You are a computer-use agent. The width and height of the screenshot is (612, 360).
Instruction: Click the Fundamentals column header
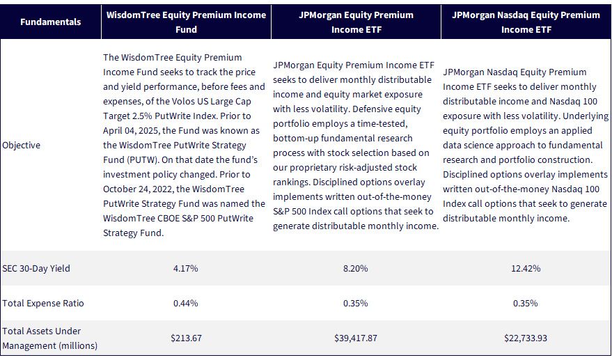point(50,22)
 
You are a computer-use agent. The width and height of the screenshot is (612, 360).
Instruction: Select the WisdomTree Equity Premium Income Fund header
point(186,22)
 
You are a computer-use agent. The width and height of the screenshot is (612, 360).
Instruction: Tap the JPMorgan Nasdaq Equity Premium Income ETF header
point(526,22)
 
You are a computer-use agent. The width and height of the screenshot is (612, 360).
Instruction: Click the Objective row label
point(21,146)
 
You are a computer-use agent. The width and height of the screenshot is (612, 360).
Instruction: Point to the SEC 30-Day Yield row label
point(36,269)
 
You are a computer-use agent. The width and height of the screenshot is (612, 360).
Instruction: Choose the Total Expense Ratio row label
point(43,304)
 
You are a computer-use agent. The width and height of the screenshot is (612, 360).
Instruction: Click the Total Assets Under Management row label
point(49,338)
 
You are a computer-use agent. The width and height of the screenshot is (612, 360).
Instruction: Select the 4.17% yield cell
point(186,269)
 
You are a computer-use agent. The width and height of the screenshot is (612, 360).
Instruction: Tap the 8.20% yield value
point(356,269)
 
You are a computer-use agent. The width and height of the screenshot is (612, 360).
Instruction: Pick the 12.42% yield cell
point(526,269)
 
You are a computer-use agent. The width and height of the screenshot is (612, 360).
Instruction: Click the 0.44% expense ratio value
point(186,304)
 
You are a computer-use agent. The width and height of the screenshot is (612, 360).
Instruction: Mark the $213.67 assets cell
point(186,338)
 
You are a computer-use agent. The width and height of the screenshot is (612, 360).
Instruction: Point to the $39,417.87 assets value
point(356,338)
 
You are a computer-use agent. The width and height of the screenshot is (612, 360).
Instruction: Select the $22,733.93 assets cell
point(526,338)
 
